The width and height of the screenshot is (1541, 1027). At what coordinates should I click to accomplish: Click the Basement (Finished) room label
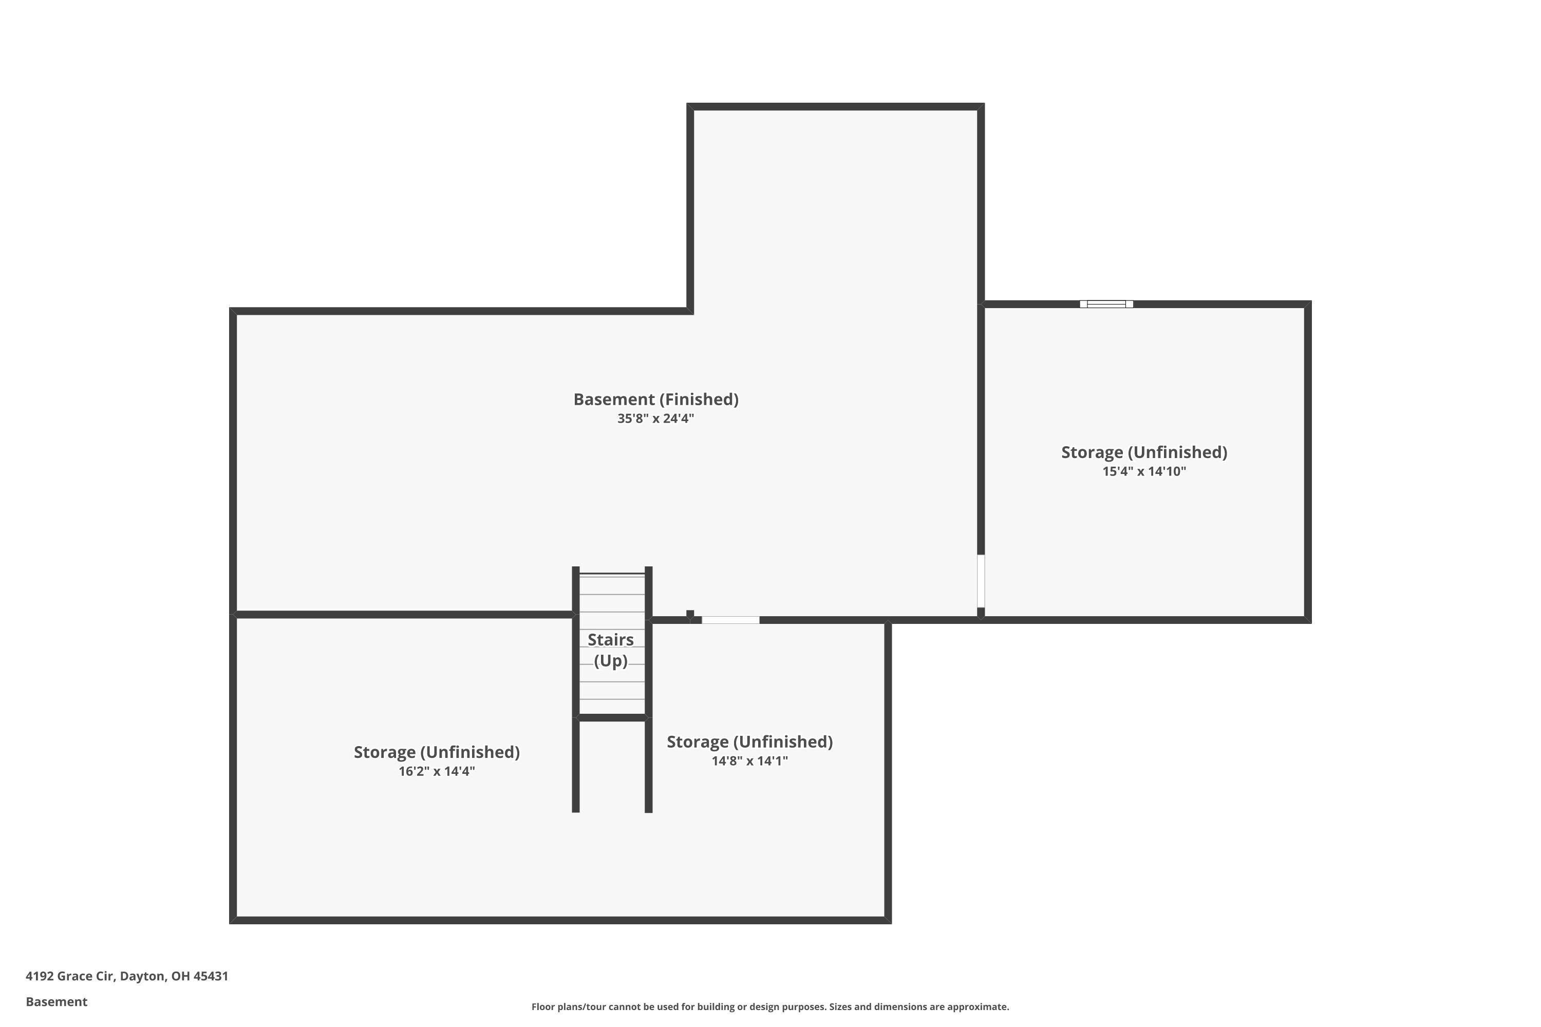tap(656, 400)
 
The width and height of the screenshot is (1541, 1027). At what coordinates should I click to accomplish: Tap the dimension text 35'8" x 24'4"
tap(655, 419)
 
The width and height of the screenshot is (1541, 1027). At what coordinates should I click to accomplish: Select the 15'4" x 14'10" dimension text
tap(1144, 471)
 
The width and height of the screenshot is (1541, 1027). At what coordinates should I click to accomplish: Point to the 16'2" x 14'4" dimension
tap(437, 772)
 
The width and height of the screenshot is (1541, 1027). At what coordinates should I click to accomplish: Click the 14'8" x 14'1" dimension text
tap(749, 761)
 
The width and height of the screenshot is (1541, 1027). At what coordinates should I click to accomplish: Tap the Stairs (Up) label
tap(611, 650)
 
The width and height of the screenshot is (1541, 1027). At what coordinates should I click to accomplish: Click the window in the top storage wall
tap(1106, 304)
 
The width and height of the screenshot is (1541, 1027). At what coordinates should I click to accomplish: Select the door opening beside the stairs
tap(730, 620)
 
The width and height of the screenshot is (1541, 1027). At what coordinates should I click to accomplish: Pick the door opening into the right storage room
tap(981, 581)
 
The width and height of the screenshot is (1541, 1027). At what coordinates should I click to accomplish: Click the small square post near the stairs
tap(690, 614)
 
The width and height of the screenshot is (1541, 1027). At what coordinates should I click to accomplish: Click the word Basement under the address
tap(57, 1001)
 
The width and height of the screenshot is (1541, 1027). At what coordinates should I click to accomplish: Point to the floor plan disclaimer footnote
tap(770, 1006)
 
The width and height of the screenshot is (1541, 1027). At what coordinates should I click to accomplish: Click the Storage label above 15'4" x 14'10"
tap(1144, 452)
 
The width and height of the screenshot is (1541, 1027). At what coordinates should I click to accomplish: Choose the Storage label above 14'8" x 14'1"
tap(749, 742)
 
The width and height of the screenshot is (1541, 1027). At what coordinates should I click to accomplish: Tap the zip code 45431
tap(211, 976)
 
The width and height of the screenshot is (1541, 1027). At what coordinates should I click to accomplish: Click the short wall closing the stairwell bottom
tap(612, 718)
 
